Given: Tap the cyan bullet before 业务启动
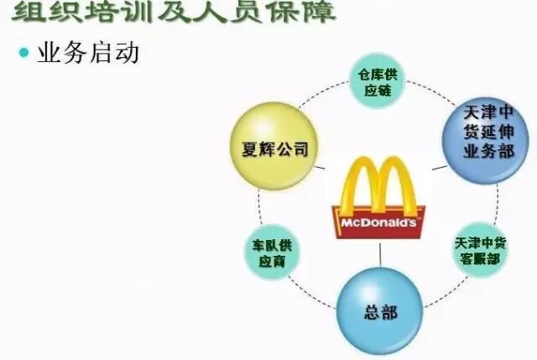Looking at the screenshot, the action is (x=23, y=53).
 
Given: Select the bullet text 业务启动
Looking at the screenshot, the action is (x=88, y=53).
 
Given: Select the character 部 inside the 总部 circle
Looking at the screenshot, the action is (x=391, y=312).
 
